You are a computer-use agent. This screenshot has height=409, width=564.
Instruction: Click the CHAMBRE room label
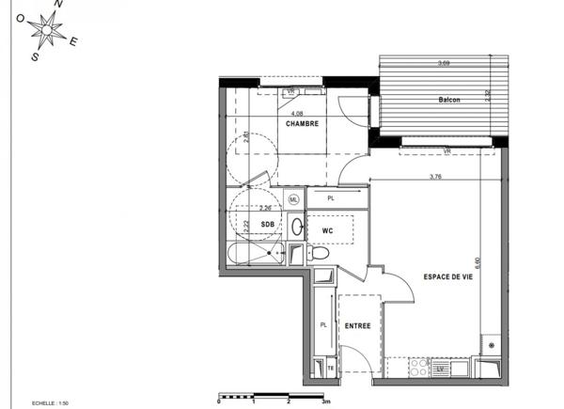(302, 123)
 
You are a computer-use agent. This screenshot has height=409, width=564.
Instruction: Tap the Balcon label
(448, 101)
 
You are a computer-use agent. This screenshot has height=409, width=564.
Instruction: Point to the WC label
(328, 230)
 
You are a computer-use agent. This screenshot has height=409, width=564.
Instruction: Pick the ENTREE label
(356, 326)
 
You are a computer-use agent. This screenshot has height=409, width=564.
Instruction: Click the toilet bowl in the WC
(318, 253)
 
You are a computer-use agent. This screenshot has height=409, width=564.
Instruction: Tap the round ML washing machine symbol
(293, 200)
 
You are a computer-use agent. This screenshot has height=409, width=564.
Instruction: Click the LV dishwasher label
(438, 370)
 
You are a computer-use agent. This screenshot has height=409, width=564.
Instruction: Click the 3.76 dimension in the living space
(435, 177)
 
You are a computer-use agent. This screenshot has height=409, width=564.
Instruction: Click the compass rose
(45, 33)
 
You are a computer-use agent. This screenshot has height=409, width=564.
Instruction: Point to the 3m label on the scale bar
(325, 401)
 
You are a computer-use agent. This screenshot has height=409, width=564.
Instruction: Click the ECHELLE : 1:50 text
(50, 401)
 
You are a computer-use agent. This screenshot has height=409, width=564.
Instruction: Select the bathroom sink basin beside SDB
(296, 226)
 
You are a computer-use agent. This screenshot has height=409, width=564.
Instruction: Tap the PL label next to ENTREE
(322, 325)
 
